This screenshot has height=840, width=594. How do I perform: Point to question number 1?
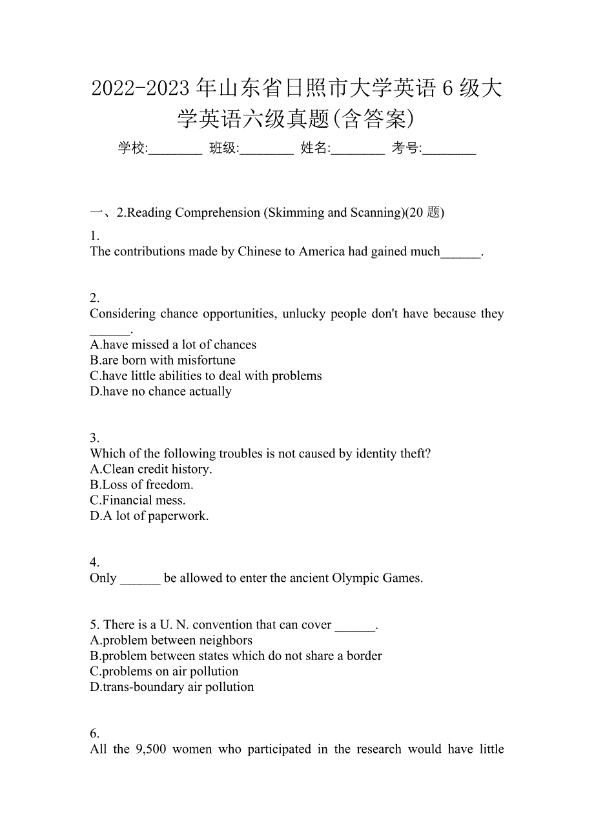(x=94, y=235)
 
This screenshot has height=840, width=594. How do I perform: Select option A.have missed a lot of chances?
(x=173, y=345)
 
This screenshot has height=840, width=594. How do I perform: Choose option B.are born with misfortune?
(x=163, y=360)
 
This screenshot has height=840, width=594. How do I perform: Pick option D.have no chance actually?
(x=161, y=391)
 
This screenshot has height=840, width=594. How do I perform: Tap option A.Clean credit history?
(x=151, y=469)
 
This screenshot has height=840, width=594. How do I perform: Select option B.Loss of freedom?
(x=142, y=485)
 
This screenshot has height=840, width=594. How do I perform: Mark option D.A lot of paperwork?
(x=149, y=515)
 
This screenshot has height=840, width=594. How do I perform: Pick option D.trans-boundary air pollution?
(x=172, y=686)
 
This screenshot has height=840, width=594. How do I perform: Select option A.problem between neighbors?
(x=171, y=640)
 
